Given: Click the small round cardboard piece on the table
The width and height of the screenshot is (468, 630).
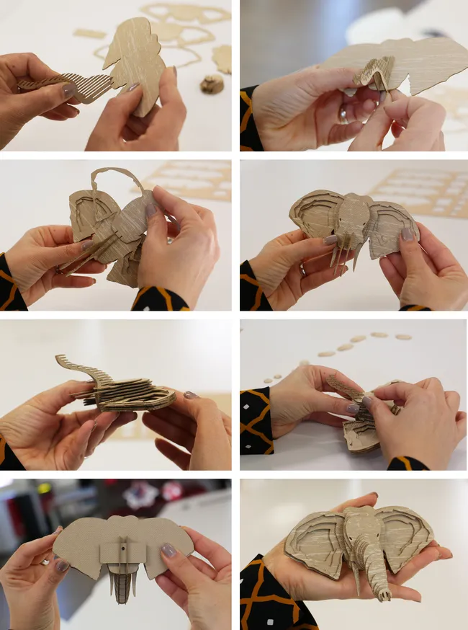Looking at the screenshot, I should (211, 84).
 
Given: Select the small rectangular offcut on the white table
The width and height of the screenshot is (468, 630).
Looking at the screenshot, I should (89, 33).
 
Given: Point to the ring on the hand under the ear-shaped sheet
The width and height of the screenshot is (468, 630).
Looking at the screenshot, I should (343, 113).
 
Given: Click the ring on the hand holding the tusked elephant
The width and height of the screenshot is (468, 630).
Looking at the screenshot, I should (302, 270).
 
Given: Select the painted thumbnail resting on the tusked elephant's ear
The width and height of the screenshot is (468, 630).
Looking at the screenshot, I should (330, 239).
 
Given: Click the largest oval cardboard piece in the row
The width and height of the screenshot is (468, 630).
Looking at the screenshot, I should (402, 337).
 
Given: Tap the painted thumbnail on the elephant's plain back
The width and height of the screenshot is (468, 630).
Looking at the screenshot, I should (168, 550).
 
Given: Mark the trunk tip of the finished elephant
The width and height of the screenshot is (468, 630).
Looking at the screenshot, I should (384, 595).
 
